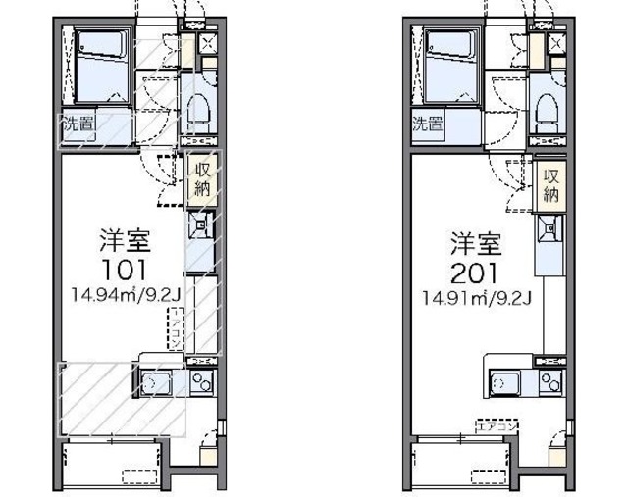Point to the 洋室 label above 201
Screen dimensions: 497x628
tap(475, 241)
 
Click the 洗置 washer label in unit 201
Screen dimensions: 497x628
tap(427, 124)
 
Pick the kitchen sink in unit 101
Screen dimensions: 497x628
tap(159, 380)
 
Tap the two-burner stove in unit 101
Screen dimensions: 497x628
tap(201, 380)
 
